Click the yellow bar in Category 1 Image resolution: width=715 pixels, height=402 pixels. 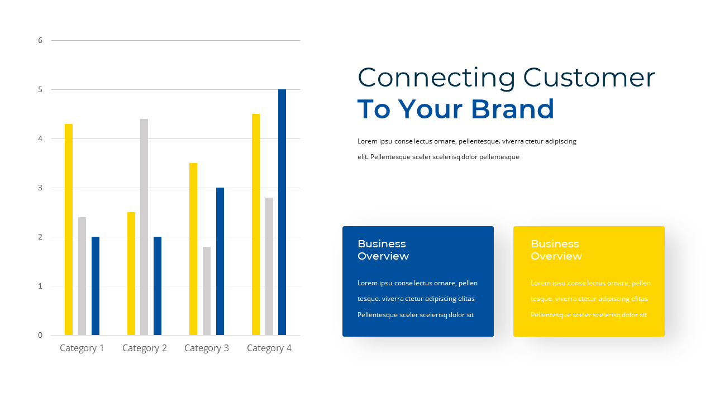[x=69, y=229]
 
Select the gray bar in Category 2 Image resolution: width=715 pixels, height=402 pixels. [x=144, y=227]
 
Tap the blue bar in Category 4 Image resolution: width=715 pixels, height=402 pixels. [x=282, y=212]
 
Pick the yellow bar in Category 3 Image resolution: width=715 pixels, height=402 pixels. [x=193, y=249]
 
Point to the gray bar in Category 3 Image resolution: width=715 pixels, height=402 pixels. [x=207, y=291]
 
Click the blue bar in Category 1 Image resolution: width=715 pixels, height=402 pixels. [x=96, y=286]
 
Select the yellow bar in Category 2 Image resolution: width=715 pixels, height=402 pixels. [x=131, y=274]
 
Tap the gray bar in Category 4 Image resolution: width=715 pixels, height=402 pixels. [x=269, y=266]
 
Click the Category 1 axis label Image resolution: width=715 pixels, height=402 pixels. [x=82, y=348]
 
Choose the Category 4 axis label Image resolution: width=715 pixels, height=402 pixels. [x=269, y=348]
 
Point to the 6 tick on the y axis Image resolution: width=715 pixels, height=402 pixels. [x=40, y=40]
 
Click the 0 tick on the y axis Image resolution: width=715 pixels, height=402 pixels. [x=40, y=335]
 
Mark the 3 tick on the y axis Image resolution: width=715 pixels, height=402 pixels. [x=40, y=188]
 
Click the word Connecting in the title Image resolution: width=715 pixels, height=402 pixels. [x=436, y=78]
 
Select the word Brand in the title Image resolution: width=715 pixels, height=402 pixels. [x=513, y=109]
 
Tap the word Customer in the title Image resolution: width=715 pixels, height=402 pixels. [x=589, y=78]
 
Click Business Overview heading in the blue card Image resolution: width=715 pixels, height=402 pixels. [x=383, y=250]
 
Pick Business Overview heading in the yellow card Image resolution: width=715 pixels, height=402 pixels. [x=556, y=250]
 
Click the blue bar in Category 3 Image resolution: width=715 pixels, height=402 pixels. [x=220, y=261]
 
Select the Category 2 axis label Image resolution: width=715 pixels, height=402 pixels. [x=145, y=348]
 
